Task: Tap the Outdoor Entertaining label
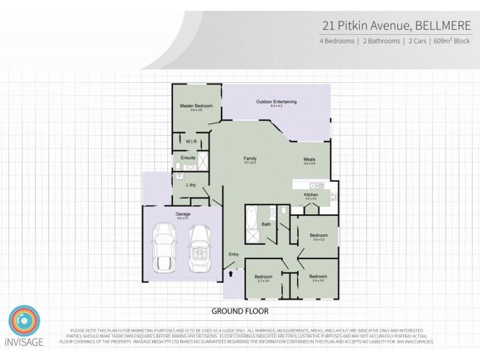click(276, 101)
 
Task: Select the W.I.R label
click(191, 142)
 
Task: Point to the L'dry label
click(192, 185)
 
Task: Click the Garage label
click(183, 214)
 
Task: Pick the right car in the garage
click(199, 247)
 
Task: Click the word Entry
click(234, 254)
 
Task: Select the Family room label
click(250, 158)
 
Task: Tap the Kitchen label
click(311, 194)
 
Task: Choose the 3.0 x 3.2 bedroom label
click(318, 235)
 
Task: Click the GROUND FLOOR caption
click(240, 311)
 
